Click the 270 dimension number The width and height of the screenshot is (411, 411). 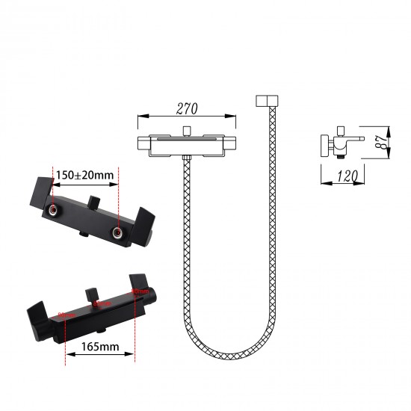(x=187, y=109)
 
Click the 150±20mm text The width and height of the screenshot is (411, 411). (x=84, y=176)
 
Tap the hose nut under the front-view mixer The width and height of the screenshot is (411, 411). (x=187, y=161)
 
